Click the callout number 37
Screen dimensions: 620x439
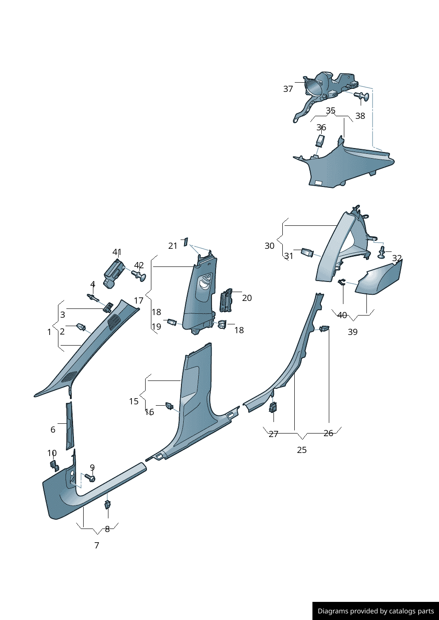(x=288, y=89)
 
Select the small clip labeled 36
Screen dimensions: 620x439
(x=320, y=141)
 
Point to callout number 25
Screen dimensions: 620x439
(x=302, y=450)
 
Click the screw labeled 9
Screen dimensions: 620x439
(x=90, y=478)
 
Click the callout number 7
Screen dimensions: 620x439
(x=97, y=545)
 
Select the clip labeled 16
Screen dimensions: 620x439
(x=169, y=405)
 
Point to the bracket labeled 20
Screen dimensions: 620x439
(x=226, y=300)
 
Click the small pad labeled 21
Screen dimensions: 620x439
(x=186, y=241)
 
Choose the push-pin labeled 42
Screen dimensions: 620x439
(x=139, y=276)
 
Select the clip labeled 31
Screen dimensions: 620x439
(x=307, y=252)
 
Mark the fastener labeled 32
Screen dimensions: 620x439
(x=382, y=252)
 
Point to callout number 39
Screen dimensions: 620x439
(x=353, y=332)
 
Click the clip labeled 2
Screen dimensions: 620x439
(x=81, y=327)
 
